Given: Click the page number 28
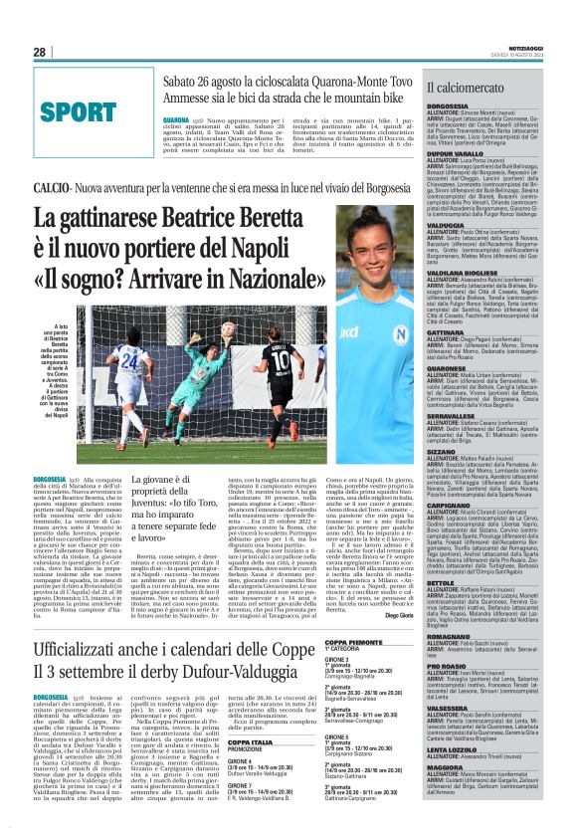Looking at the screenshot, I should pos(40,52).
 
